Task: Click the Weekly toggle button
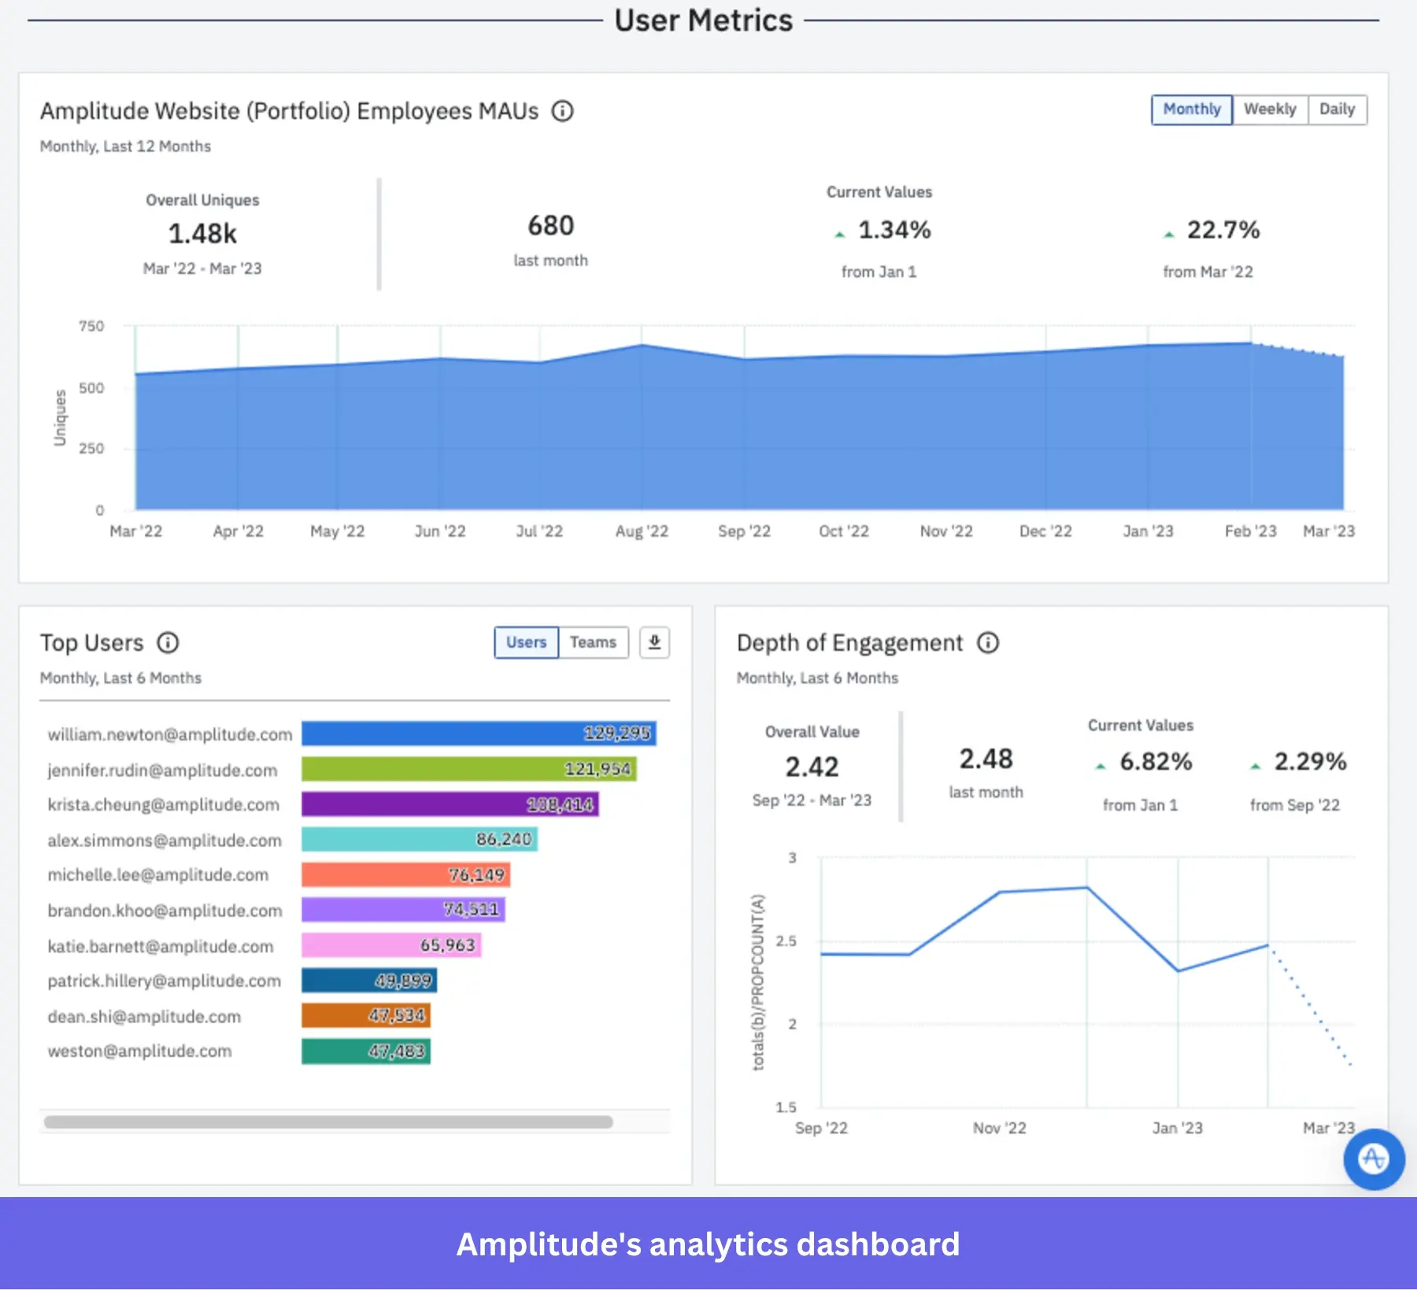1269,109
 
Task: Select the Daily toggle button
1337,109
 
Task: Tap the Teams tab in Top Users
593,642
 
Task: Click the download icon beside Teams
654,642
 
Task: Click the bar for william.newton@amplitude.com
479,734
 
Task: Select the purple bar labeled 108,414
450,804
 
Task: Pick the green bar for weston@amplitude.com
366,1052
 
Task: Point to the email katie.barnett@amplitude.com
161,946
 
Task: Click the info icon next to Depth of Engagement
988,643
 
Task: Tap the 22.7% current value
1223,230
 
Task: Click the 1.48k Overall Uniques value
202,234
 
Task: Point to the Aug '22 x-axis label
642,531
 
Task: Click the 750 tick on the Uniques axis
91,326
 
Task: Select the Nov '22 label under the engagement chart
999,1128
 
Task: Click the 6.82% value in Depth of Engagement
1155,762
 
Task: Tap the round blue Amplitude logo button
1374,1159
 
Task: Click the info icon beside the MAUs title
562,112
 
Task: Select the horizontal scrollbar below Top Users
328,1122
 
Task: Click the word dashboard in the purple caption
878,1244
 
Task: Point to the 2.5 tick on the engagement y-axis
786,941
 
